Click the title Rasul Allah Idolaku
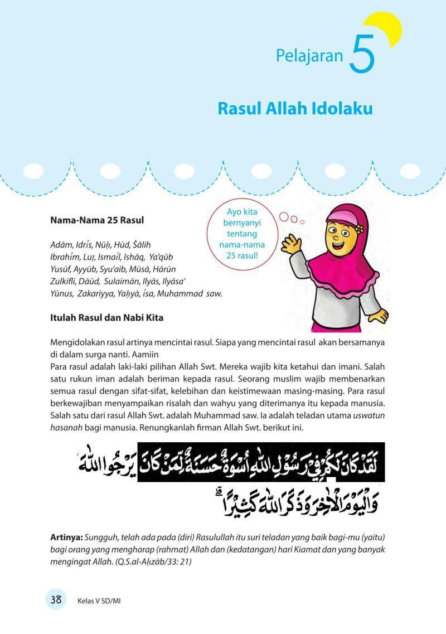[295, 108]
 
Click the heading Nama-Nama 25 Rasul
[97, 220]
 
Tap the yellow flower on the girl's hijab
[359, 228]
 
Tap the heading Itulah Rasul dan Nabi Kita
[106, 318]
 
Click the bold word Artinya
[66, 537]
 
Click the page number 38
[56, 599]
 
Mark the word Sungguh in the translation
[101, 537]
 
